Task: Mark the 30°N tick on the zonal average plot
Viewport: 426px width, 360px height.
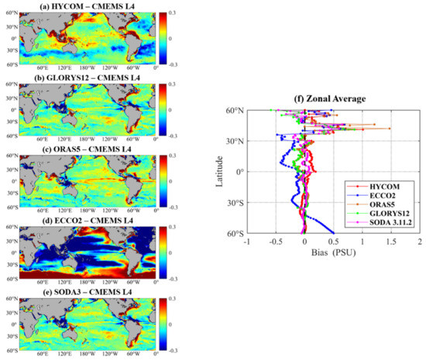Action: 235,141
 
